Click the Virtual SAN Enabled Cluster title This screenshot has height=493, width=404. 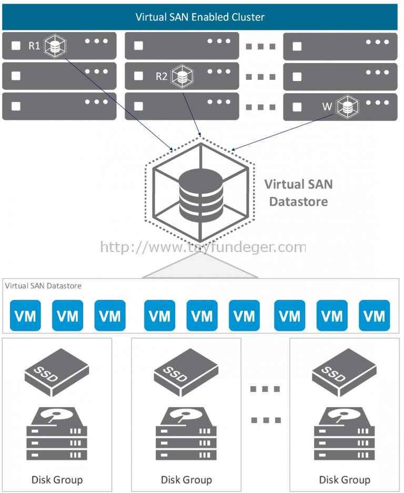pos(200,17)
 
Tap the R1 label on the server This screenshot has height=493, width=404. pos(34,46)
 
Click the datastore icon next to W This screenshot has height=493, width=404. pos(347,106)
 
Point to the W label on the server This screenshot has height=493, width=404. pos(327,107)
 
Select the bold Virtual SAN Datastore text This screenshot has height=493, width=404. pos(298,193)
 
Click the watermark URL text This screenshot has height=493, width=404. pos(203,247)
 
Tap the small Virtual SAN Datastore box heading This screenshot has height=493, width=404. pos(43,286)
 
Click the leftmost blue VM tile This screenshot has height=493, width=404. pos(25,316)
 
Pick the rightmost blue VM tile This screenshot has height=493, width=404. pos(375,316)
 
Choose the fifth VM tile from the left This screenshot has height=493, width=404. pos(202,316)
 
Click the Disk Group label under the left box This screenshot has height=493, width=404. pos(57,479)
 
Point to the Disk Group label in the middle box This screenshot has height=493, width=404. pos(186,479)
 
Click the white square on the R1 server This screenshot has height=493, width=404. pos(16,46)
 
